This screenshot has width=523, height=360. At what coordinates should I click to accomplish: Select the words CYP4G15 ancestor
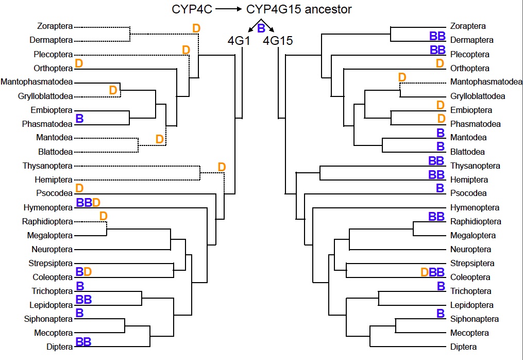click(x=299, y=9)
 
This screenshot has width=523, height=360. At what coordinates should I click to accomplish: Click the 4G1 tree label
click(x=239, y=40)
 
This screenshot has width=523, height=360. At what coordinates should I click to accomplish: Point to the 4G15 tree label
click(x=278, y=40)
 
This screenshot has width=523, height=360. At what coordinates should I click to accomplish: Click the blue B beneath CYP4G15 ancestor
click(x=261, y=27)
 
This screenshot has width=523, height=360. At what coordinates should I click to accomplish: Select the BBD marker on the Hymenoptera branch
click(x=88, y=202)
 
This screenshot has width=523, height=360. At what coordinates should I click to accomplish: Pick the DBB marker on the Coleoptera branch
click(x=433, y=272)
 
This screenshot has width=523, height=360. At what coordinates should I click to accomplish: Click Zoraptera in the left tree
click(x=55, y=26)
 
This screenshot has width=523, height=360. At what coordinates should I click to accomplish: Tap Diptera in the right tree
click(x=463, y=347)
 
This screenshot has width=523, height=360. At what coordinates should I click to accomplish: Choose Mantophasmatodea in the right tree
click(x=486, y=81)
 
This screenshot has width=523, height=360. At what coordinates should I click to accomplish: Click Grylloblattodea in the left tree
click(x=45, y=96)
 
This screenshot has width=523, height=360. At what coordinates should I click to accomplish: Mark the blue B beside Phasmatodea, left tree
click(x=80, y=119)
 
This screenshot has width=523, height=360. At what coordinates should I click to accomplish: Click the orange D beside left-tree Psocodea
click(x=79, y=188)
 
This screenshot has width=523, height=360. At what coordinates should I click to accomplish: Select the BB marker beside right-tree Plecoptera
click(x=437, y=50)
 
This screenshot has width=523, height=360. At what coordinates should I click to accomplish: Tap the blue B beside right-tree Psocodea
click(x=440, y=188)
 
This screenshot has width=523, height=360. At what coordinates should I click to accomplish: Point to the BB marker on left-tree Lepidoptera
click(x=84, y=299)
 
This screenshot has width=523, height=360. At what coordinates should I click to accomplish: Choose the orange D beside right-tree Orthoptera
click(x=440, y=63)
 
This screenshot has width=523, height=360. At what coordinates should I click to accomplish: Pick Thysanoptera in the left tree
click(x=47, y=166)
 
